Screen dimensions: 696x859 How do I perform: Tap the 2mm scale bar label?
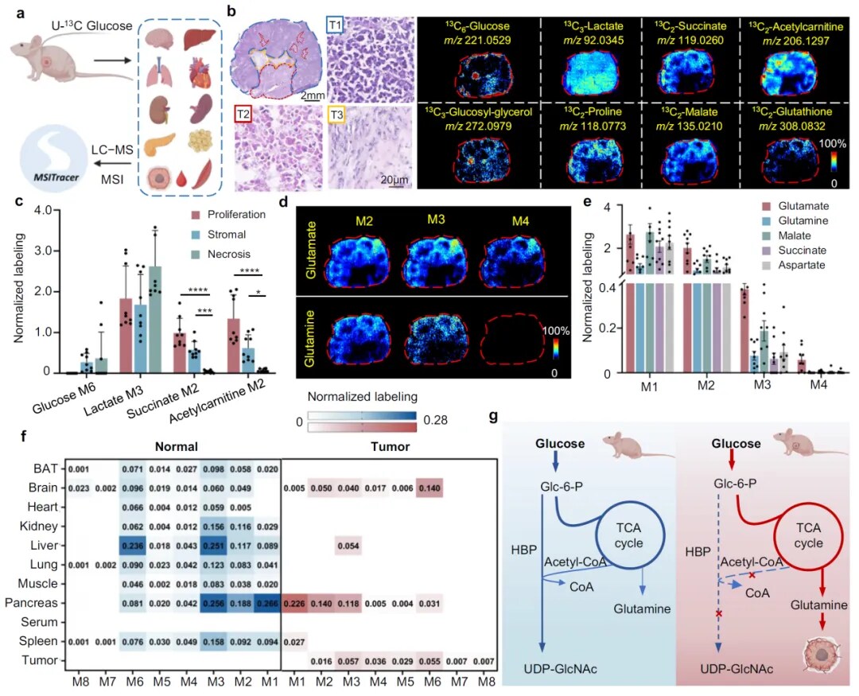coord(310,96)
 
